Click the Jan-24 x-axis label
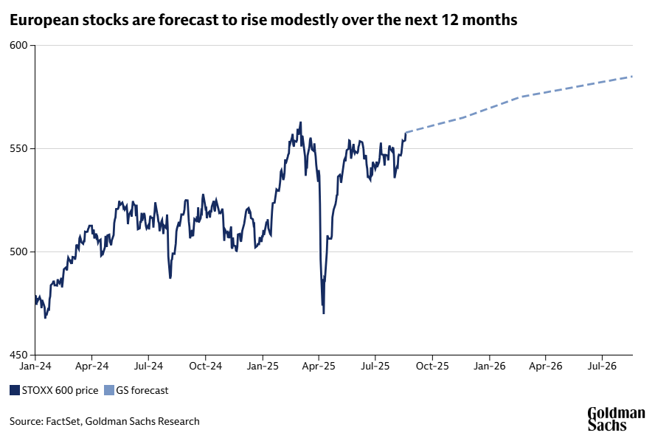click(x=35, y=365)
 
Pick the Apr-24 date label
click(x=92, y=365)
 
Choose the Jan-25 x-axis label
click(x=262, y=365)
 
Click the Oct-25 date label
click(x=432, y=365)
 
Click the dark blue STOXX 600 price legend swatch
click(x=15, y=390)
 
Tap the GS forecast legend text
click(x=142, y=390)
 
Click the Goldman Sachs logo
click(x=616, y=419)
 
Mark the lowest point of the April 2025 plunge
click(x=324, y=313)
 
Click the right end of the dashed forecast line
click(x=632, y=77)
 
